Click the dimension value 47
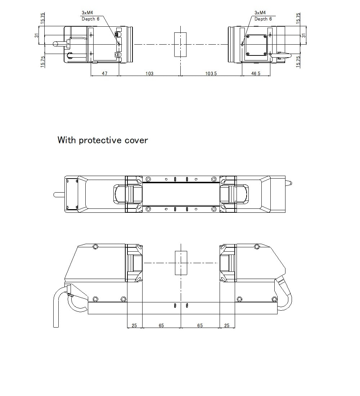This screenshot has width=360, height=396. click(x=104, y=73)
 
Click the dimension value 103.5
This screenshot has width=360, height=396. click(x=211, y=73)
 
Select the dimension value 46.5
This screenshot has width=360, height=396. click(x=256, y=73)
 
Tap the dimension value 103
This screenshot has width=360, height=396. click(x=149, y=73)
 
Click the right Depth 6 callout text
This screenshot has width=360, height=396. click(x=263, y=19)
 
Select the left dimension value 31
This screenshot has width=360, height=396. click(x=36, y=35)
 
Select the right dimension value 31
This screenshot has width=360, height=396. click(x=303, y=35)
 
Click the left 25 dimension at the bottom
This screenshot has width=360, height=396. click(x=134, y=325)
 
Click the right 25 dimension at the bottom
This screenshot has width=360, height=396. click(x=227, y=325)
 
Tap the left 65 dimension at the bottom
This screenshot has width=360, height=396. click(x=161, y=325)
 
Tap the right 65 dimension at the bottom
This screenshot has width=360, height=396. click(x=200, y=325)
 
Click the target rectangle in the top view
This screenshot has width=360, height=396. click(x=180, y=45)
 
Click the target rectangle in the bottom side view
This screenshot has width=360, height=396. click(x=181, y=263)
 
